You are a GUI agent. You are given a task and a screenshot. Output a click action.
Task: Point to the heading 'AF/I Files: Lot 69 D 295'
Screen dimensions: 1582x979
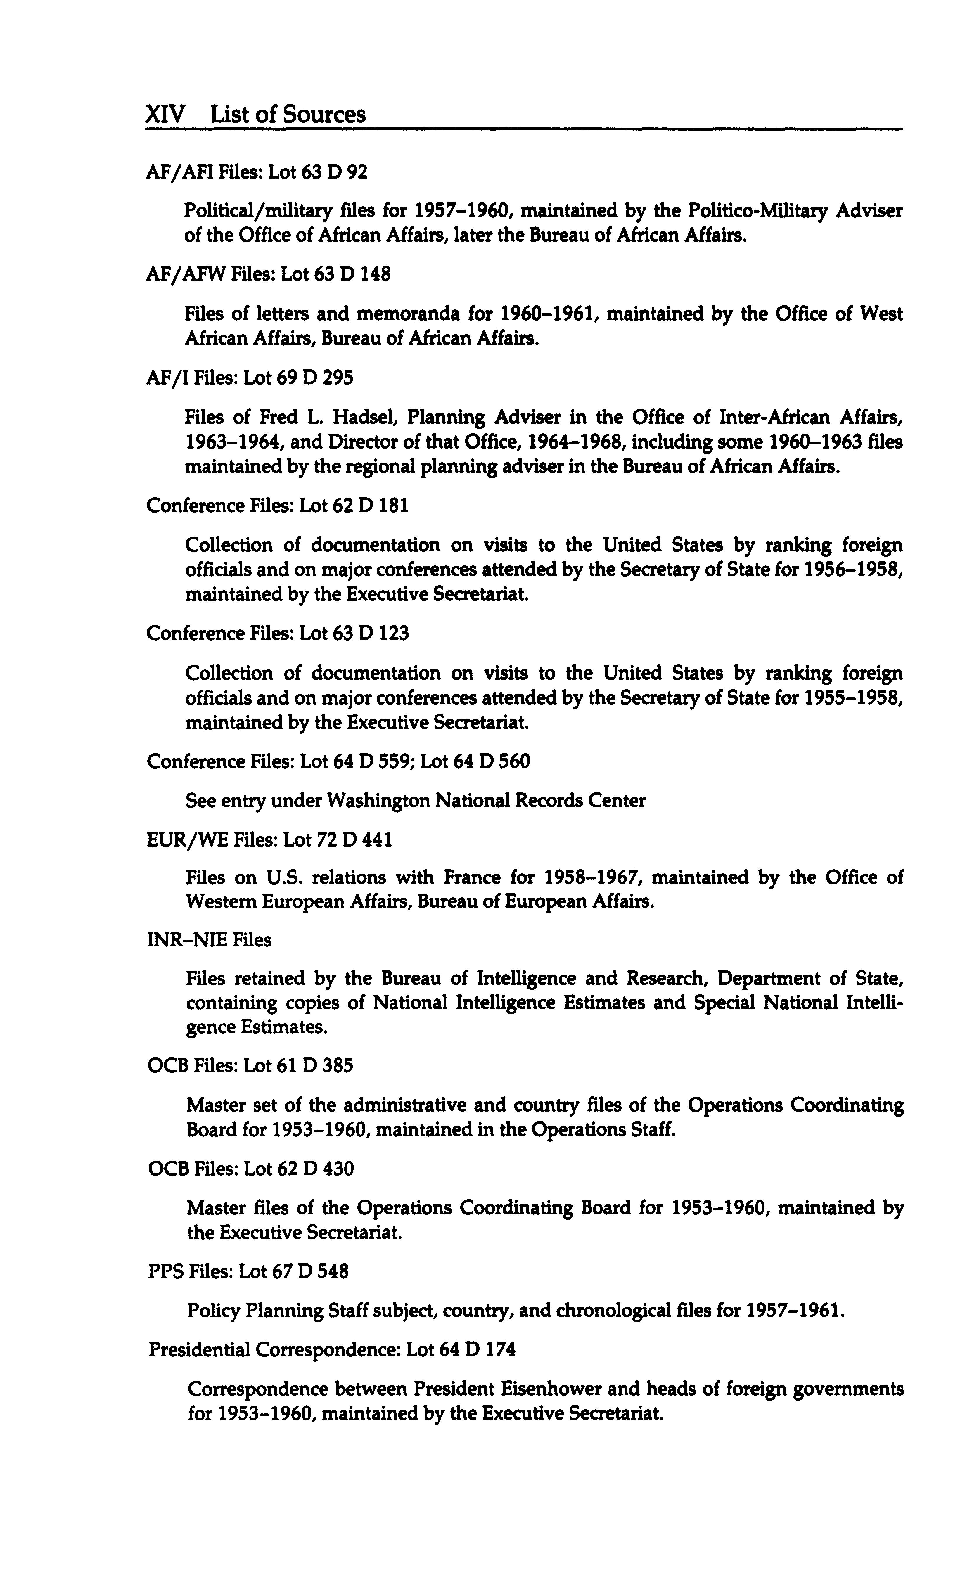tap(250, 377)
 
